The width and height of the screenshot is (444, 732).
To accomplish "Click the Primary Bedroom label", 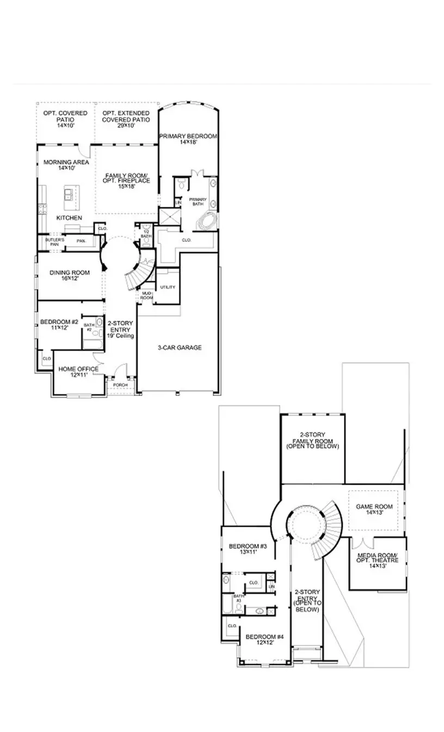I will [188, 138].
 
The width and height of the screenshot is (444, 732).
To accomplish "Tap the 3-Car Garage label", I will [180, 347].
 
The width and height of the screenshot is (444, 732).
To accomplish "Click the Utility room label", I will [168, 287].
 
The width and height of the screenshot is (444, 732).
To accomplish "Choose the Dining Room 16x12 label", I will [69, 276].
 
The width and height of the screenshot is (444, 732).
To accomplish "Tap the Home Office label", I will [78, 371].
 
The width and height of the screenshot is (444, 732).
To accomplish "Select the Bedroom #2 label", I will [59, 325].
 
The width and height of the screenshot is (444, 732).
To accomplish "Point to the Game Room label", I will [374, 509].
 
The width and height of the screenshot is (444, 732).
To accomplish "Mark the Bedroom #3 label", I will [247, 549].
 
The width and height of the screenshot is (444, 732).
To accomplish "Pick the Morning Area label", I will [59, 165].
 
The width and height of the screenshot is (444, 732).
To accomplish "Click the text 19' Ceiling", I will [120, 337].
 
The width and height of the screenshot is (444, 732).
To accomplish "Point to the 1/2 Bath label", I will [146, 234].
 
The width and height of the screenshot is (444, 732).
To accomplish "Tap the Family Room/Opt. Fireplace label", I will [128, 180].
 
